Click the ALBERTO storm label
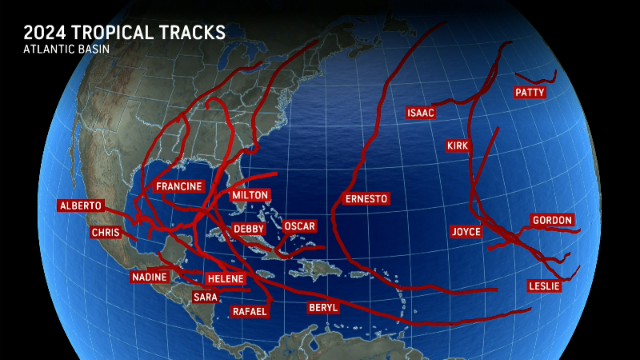pos(81,206)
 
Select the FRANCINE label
pos(178,186)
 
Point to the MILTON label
pos(250,195)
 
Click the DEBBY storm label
pos(248,229)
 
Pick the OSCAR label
pos(299,226)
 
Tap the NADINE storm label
pos(150,278)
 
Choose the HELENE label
pos(225,278)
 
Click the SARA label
pos(205,297)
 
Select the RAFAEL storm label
pos(249,311)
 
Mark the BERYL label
pos(323,308)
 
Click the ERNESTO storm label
pos(366,199)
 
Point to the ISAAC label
pos(421,113)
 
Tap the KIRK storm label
pos(458,146)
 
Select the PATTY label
pos(530,93)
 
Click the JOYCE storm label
pos(466,232)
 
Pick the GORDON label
pos(553,220)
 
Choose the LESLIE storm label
pos(544,286)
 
